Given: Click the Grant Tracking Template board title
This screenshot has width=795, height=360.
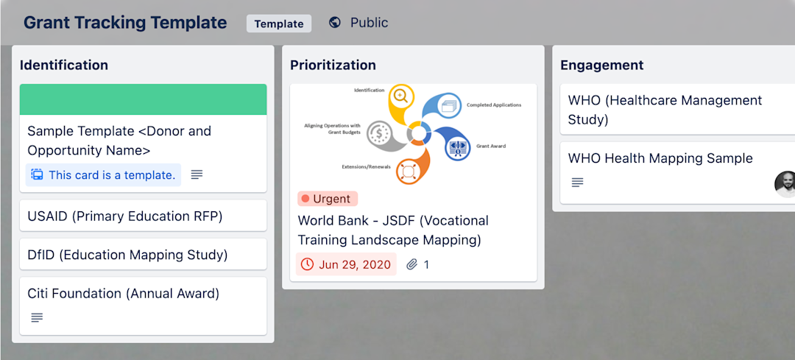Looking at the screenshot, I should click(x=125, y=23).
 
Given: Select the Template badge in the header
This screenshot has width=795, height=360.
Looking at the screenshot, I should click(x=279, y=24).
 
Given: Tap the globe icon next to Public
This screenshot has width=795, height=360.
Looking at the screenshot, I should click(x=335, y=23).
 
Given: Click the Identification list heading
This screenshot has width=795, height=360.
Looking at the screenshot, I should click(x=64, y=65).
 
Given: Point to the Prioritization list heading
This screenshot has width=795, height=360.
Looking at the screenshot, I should click(x=333, y=65).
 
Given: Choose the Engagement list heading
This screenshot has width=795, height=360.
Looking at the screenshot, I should click(x=602, y=65).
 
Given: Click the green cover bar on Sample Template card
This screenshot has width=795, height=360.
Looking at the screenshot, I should click(x=143, y=99).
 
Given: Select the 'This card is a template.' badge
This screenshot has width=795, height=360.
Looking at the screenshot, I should click(x=104, y=174).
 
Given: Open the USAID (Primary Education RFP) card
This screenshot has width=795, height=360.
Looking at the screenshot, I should click(x=125, y=216).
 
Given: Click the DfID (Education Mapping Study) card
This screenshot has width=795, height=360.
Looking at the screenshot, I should click(x=127, y=255).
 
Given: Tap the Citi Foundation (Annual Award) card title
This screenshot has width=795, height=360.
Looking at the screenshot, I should click(x=124, y=293).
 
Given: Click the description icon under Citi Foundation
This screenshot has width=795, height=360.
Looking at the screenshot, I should click(x=37, y=317).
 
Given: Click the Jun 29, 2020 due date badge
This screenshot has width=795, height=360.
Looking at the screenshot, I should click(x=346, y=264).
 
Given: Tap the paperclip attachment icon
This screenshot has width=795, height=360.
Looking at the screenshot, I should click(x=412, y=264).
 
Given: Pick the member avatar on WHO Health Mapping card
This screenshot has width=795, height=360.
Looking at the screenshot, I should click(x=785, y=185).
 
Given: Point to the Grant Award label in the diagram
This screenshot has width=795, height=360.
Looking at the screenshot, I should click(x=491, y=147).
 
